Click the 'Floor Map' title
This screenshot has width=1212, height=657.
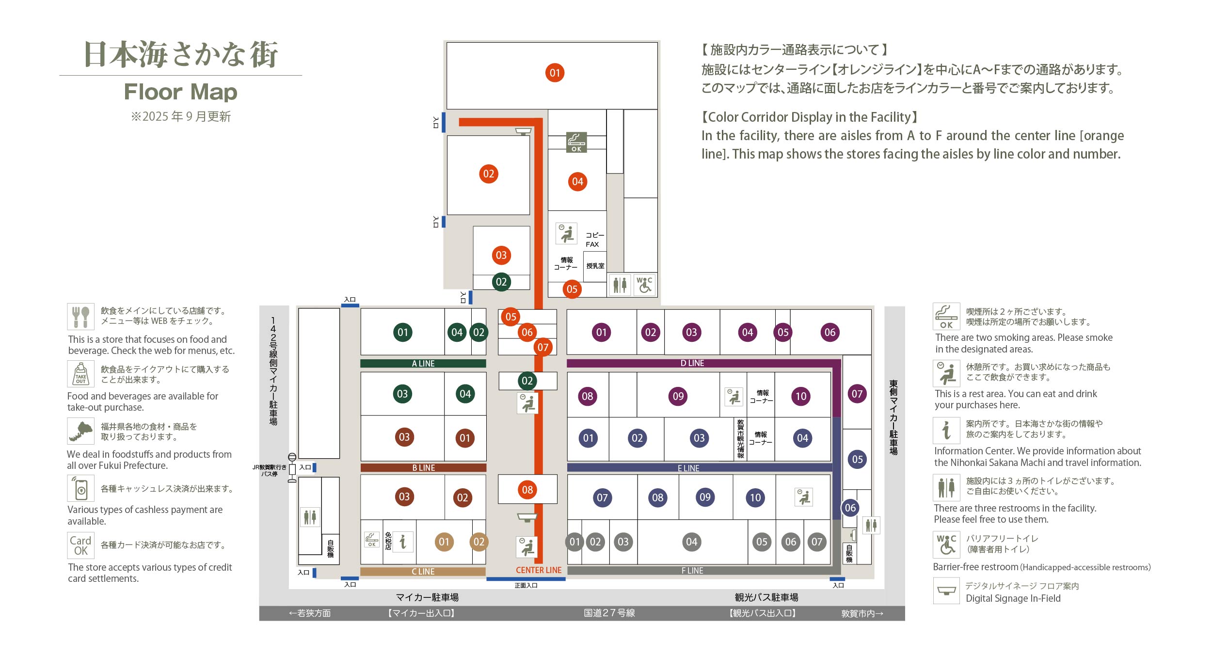coord(180,92)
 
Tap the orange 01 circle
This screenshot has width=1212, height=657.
coord(555,73)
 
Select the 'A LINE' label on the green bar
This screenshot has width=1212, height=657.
coord(423,364)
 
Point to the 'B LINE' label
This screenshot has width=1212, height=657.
coord(423,468)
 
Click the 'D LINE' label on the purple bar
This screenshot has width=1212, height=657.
coord(692,363)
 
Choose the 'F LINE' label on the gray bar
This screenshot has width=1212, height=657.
coord(692,571)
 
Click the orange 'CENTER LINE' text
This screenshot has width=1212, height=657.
coord(538,570)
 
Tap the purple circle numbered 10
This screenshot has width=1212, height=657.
coord(801,396)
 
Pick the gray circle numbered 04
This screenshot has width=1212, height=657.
coord(691,542)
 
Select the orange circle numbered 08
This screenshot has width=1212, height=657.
coord(527,490)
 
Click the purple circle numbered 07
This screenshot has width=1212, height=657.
coord(857,394)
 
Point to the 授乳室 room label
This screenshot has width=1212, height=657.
coord(595,266)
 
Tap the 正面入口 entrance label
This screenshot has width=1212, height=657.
coord(526,586)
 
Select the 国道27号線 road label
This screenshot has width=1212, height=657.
coord(609,613)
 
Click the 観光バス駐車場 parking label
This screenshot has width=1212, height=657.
coord(766,597)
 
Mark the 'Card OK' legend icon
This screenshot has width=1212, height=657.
coord(80,545)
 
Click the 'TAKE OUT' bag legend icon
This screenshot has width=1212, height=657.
coord(80,374)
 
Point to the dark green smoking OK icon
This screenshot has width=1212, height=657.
coord(576,142)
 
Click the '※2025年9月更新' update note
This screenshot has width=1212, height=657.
coord(180,116)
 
